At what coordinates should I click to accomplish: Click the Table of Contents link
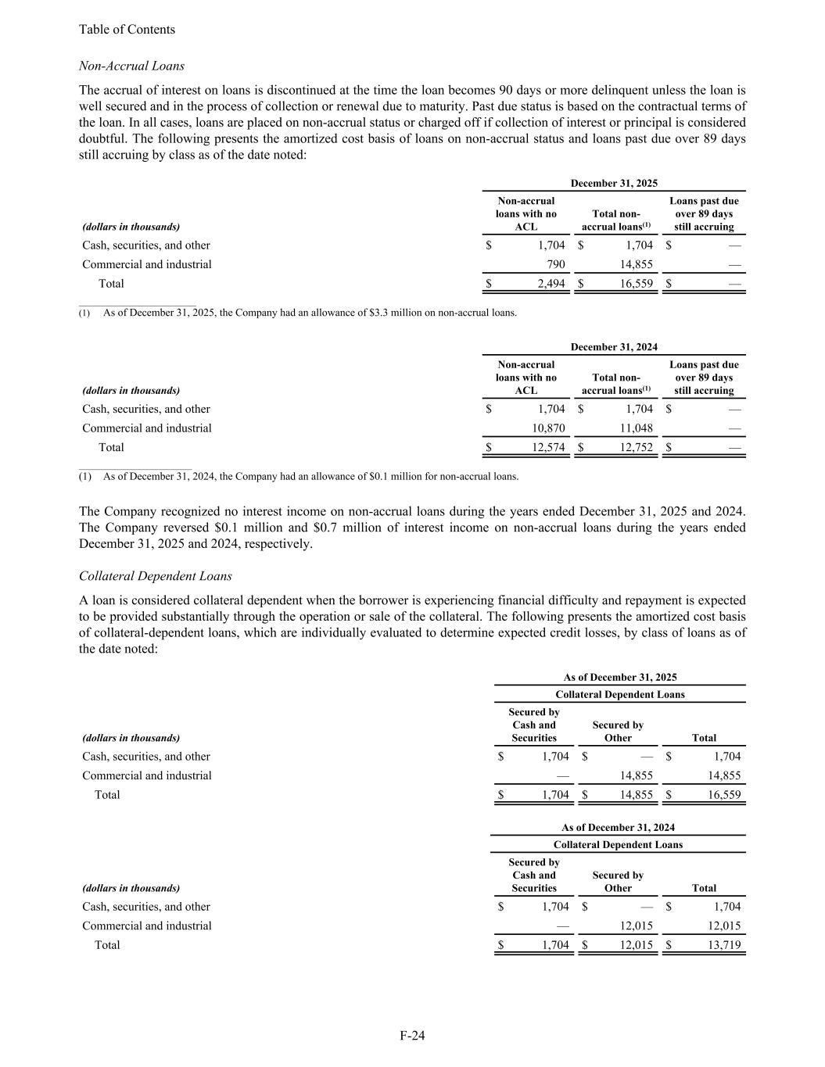tap(127, 30)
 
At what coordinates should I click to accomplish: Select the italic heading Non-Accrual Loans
tap(131, 66)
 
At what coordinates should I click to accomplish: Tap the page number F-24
tap(412, 1036)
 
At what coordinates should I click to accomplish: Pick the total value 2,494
tap(551, 284)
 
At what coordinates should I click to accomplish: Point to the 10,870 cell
tap(547, 428)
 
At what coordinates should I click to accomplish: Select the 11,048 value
tap(637, 428)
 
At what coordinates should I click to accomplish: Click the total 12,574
tap(547, 448)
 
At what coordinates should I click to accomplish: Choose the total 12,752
tap(637, 448)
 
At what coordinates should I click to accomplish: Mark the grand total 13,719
tap(724, 945)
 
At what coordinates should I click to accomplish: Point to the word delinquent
tap(572, 90)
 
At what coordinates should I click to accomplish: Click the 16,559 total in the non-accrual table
tap(637, 284)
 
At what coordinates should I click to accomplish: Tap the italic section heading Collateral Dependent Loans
tap(156, 576)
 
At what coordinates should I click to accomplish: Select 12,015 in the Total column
tap(724, 926)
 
